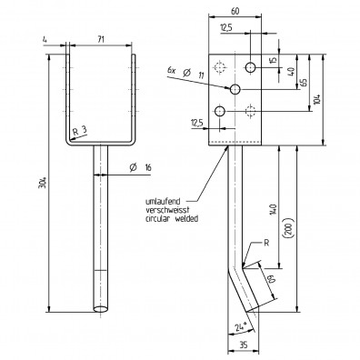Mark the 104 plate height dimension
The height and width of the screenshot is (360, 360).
315,99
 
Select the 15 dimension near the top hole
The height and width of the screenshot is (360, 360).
274,61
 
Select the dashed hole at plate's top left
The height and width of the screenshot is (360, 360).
218,67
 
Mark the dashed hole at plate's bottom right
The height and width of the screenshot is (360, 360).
252,111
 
